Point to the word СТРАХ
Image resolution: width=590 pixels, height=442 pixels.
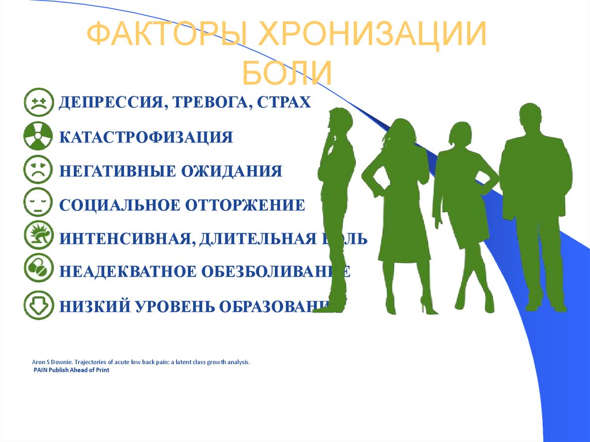click(x=284, y=103)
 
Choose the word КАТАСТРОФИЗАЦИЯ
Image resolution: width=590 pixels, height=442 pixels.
click(x=146, y=137)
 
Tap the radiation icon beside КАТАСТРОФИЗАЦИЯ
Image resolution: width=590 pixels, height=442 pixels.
click(x=39, y=137)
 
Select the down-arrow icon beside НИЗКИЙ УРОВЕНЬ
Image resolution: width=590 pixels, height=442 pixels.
click(x=39, y=305)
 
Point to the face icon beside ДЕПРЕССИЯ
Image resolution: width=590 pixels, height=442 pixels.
click(x=39, y=103)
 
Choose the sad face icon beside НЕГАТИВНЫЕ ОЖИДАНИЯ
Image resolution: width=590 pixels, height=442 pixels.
click(x=39, y=171)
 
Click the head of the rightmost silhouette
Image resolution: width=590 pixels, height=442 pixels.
click(x=530, y=118)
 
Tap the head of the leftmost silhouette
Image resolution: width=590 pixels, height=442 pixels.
click(x=340, y=121)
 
